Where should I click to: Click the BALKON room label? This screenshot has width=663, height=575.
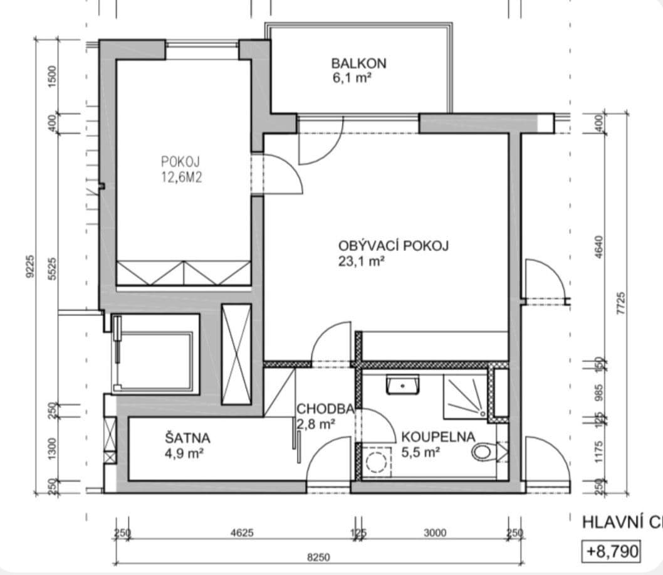pyautogui.click(x=358, y=63)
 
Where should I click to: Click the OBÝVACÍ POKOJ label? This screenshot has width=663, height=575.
pyautogui.click(x=394, y=245)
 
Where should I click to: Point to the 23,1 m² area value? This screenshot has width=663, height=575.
pyautogui.click(x=361, y=261)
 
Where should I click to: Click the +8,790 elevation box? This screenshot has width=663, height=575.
pyautogui.click(x=612, y=551)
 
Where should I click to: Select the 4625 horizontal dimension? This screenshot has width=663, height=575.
pyautogui.click(x=242, y=533)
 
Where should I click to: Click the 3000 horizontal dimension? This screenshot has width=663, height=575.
pyautogui.click(x=434, y=533)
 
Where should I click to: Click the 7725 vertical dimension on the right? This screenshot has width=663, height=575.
pyautogui.click(x=621, y=305)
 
